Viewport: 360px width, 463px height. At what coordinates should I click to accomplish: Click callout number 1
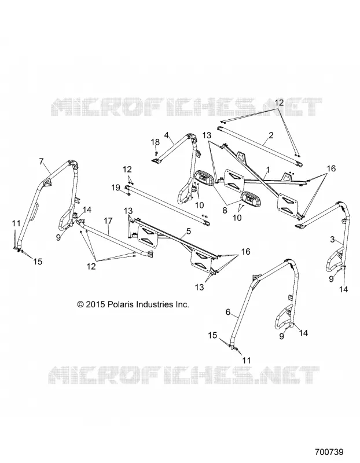(268, 170)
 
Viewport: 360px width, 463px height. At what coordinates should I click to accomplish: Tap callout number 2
(271, 135)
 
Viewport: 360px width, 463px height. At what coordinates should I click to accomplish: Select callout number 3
(332, 239)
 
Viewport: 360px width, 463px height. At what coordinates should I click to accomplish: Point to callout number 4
(167, 135)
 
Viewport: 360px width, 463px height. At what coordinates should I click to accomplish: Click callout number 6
(227, 312)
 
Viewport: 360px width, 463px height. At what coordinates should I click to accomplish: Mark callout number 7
(41, 161)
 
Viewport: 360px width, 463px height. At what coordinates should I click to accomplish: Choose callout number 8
(225, 211)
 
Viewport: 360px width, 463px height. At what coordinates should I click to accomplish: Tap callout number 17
(108, 221)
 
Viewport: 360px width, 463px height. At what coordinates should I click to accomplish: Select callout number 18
(155, 142)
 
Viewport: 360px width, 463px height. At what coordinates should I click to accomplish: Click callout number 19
(116, 188)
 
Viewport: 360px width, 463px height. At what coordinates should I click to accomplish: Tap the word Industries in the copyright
(153, 304)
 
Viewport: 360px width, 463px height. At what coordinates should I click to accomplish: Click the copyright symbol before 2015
(80, 304)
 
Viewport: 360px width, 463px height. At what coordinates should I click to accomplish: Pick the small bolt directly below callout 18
(156, 153)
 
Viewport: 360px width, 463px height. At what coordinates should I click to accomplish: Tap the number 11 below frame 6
(247, 360)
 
